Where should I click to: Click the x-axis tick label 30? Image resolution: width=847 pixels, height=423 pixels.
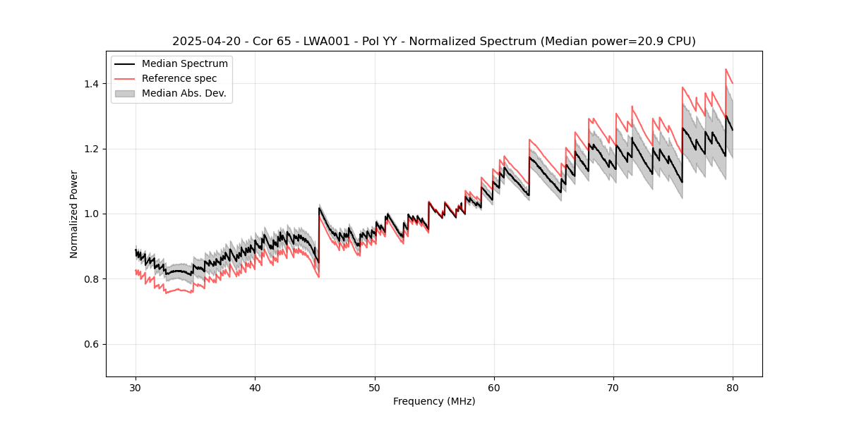[x=136, y=388]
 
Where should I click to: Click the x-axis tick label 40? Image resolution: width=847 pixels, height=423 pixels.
[x=255, y=388]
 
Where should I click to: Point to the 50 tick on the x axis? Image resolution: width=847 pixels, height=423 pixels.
[x=374, y=388]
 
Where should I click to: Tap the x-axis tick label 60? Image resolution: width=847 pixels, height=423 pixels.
[x=493, y=388]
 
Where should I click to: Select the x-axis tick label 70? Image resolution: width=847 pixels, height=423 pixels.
[x=613, y=388]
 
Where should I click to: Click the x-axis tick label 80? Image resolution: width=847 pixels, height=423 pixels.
[x=732, y=388]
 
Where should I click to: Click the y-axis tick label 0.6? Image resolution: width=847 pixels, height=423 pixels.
[x=92, y=344]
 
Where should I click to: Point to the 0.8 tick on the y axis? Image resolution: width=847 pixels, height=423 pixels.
[x=92, y=279]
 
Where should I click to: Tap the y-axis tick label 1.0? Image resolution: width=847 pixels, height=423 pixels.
[x=92, y=214]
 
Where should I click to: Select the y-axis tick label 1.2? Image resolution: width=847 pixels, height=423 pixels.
[x=92, y=149]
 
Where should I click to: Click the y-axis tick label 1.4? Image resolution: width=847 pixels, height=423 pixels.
[x=92, y=84]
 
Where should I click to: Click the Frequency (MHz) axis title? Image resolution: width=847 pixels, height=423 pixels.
[x=434, y=401]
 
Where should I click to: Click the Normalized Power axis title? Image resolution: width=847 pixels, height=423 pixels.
[x=74, y=214]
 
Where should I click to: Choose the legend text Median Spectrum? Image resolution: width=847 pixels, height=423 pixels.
[x=185, y=64]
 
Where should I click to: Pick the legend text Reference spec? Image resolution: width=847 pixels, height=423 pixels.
[x=179, y=78]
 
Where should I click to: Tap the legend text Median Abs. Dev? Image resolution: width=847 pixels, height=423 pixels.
[x=184, y=93]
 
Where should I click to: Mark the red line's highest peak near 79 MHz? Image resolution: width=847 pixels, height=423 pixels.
[x=726, y=69]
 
